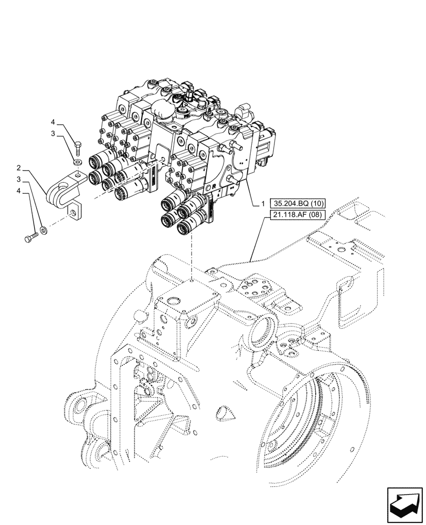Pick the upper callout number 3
pyautogui.click(x=54, y=134)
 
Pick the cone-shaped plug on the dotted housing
pyautogui.click(x=226, y=414)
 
